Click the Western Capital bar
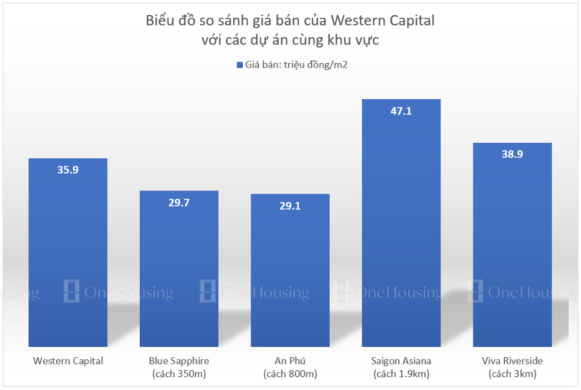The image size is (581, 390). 68,257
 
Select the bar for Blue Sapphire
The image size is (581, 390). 179,270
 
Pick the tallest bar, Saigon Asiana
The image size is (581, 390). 401,225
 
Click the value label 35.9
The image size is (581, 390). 68,170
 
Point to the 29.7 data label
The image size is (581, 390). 179,202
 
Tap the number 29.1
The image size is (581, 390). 290,206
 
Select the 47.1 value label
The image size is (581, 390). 401,111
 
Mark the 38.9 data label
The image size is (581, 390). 512,154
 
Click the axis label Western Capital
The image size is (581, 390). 68,361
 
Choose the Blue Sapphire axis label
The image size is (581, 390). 179,361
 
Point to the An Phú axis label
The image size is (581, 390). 290,361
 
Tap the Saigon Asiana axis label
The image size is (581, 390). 401,361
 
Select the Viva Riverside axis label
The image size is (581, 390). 512,361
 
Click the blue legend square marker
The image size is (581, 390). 238,65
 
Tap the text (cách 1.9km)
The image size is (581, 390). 401,373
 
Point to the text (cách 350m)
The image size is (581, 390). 179,373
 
